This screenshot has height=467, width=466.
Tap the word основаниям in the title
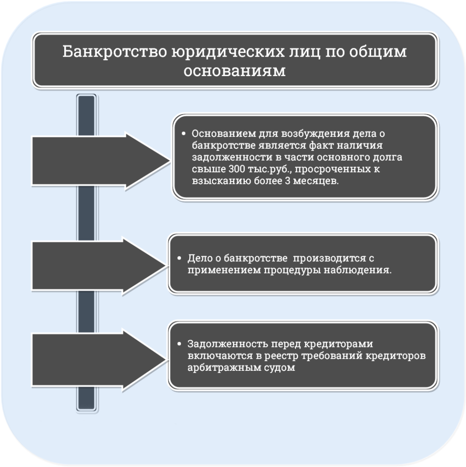point(234,71)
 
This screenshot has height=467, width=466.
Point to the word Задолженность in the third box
point(228,344)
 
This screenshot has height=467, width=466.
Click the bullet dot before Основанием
point(183,134)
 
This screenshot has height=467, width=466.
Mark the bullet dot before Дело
point(179,258)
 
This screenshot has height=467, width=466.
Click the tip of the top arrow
point(170,161)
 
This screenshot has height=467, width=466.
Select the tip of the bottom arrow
point(166,360)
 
